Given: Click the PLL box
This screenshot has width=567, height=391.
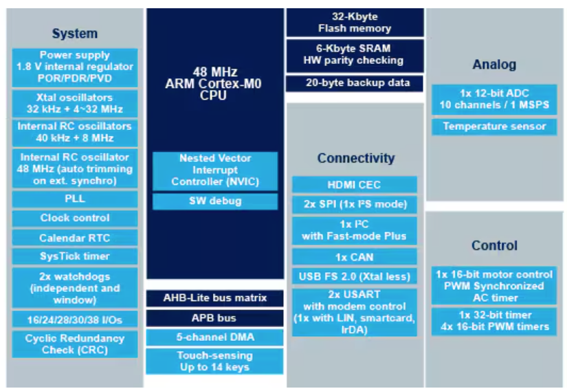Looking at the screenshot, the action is pyautogui.click(x=75, y=199).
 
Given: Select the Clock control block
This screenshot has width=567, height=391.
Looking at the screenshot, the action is pyautogui.click(x=75, y=218).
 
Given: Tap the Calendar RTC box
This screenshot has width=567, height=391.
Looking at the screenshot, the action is pyautogui.click(x=75, y=238).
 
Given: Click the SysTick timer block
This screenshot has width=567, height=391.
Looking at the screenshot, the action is pyautogui.click(x=75, y=256).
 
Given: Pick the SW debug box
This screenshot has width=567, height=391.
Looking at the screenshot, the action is pyautogui.click(x=215, y=201).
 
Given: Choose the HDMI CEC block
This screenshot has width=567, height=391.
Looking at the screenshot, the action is pyautogui.click(x=355, y=185).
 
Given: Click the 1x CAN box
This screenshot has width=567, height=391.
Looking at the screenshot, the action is pyautogui.click(x=355, y=257).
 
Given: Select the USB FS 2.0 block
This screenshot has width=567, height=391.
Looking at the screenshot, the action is pyautogui.click(x=355, y=276).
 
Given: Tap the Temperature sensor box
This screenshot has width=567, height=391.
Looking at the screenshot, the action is pyautogui.click(x=494, y=126).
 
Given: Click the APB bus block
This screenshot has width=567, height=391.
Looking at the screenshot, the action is pyautogui.click(x=215, y=318).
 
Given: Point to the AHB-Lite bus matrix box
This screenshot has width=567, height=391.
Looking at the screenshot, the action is pyautogui.click(x=215, y=298).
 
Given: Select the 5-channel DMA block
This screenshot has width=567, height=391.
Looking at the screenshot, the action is pyautogui.click(x=215, y=337).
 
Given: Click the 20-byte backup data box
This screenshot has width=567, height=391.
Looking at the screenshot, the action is pyautogui.click(x=355, y=83).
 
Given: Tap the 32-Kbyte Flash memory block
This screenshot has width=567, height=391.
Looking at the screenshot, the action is pyautogui.click(x=355, y=23).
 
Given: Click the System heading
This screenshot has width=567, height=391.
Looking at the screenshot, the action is pyautogui.click(x=75, y=34).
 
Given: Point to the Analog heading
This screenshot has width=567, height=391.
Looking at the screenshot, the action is pyautogui.click(x=494, y=65).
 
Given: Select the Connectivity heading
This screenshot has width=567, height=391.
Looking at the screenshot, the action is pyautogui.click(x=356, y=158).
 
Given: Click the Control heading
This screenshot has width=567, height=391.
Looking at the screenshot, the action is pyautogui.click(x=494, y=245).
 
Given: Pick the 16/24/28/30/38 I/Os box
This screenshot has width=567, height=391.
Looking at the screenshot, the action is pyautogui.click(x=75, y=320).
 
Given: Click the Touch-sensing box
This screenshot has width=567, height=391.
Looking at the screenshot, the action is pyautogui.click(x=215, y=361).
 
